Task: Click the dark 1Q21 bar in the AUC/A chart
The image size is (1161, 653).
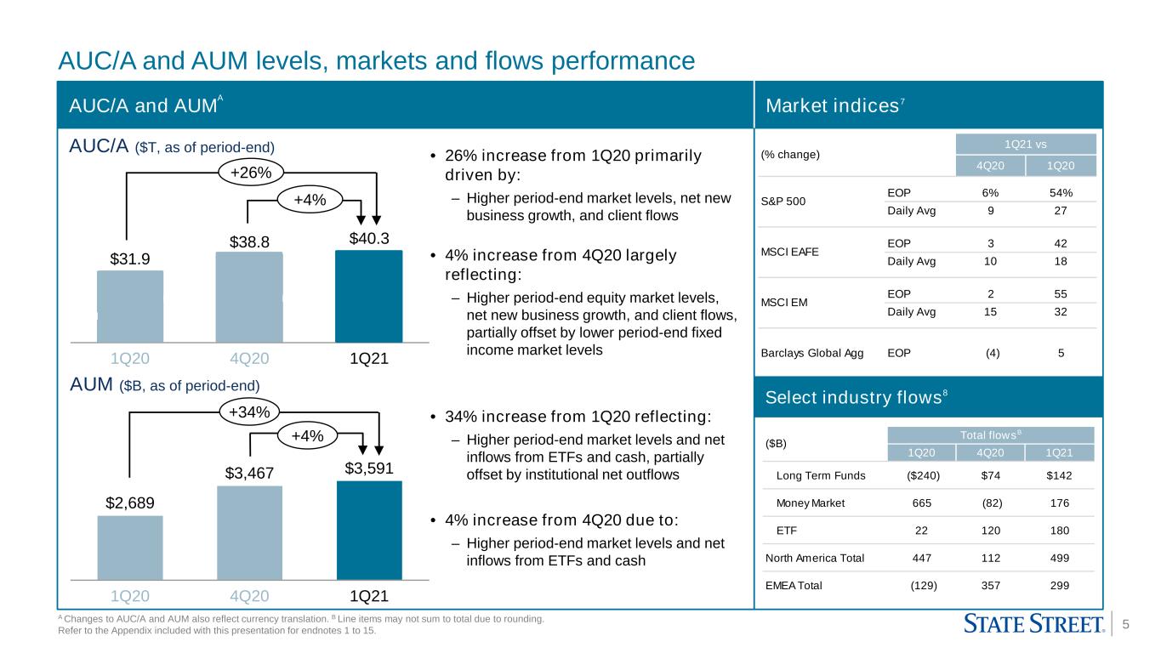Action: click(x=368, y=296)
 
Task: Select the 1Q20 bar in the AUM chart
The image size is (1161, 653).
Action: click(x=130, y=548)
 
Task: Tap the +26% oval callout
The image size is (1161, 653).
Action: click(x=251, y=173)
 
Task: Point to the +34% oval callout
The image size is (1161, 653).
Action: click(x=249, y=412)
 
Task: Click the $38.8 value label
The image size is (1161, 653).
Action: click(x=249, y=242)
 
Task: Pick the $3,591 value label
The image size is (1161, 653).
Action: click(x=369, y=468)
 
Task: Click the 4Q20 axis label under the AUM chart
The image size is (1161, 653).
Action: click(x=249, y=596)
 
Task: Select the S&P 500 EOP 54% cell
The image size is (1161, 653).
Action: click(x=1061, y=193)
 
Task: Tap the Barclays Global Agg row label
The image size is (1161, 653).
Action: click(x=811, y=353)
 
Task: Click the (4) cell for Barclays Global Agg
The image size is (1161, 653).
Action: click(x=992, y=353)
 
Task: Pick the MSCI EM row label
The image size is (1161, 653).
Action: click(x=783, y=302)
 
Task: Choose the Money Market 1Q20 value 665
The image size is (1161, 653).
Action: click(x=921, y=503)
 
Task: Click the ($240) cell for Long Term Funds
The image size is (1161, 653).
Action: click(x=923, y=475)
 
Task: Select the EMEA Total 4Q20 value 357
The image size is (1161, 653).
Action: click(x=991, y=585)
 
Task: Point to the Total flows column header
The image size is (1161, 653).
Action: click(x=991, y=434)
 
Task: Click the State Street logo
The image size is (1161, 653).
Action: click(x=1034, y=624)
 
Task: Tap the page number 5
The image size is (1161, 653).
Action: click(x=1125, y=624)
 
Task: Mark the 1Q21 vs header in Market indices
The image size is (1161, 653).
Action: click(x=1026, y=144)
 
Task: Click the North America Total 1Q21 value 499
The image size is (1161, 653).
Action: click(x=1060, y=558)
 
